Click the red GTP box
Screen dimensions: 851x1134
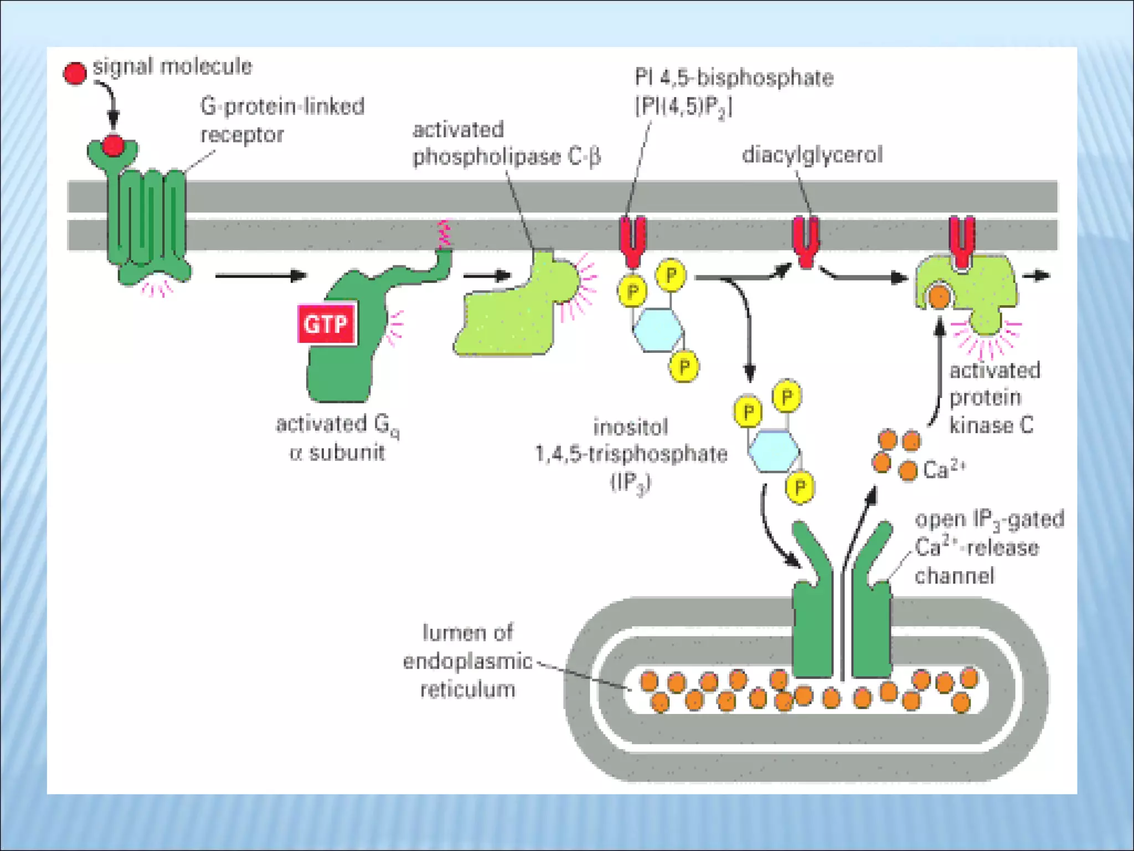point(326,324)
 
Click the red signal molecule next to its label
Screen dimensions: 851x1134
point(75,73)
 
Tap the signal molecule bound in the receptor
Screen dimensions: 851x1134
point(113,146)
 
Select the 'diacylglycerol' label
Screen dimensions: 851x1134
point(812,155)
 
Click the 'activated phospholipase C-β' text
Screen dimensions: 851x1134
point(506,143)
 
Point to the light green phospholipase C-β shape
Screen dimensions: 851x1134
point(509,321)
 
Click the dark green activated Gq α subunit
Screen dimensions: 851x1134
point(343,360)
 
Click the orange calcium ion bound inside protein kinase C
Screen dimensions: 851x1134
point(939,298)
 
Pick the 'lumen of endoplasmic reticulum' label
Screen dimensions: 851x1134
point(468,661)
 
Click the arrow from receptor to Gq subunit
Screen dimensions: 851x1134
point(260,275)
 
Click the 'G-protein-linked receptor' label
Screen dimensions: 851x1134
point(282,120)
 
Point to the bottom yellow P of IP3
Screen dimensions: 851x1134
point(800,487)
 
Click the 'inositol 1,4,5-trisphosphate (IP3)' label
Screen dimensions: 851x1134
point(631,454)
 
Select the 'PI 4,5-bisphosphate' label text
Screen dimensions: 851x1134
point(733,78)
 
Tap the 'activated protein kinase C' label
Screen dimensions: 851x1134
point(993,398)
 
